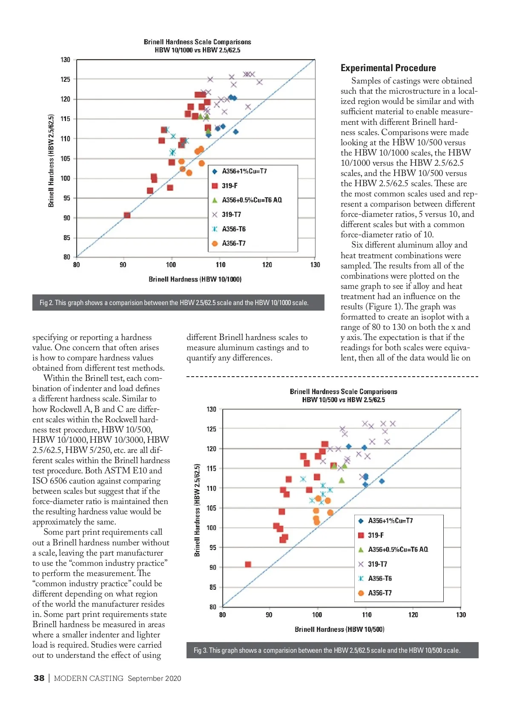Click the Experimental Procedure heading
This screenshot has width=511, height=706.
388,68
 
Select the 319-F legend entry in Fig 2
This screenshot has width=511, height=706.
229,186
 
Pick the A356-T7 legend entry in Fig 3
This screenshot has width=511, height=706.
379,593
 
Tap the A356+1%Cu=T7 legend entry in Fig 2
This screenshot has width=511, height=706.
244,171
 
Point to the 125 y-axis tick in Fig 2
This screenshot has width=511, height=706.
65,79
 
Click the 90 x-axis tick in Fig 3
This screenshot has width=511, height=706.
269,615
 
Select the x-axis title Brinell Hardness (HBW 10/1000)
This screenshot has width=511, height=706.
195,280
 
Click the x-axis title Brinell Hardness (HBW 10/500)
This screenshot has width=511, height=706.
339,629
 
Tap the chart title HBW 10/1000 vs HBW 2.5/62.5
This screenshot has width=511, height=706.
197,50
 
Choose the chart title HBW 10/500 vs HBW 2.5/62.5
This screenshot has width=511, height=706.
343,400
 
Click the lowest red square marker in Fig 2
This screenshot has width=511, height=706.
127,215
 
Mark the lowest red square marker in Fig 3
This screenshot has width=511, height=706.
248,564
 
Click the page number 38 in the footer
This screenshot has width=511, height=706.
39,678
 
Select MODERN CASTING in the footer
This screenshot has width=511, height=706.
89,678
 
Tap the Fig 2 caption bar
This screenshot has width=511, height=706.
178,303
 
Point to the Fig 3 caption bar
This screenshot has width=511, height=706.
332,650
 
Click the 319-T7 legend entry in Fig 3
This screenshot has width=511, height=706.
377,564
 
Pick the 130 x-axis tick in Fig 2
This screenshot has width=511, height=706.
315,265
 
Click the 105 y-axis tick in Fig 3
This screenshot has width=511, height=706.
212,508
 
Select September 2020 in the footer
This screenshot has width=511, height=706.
154,678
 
